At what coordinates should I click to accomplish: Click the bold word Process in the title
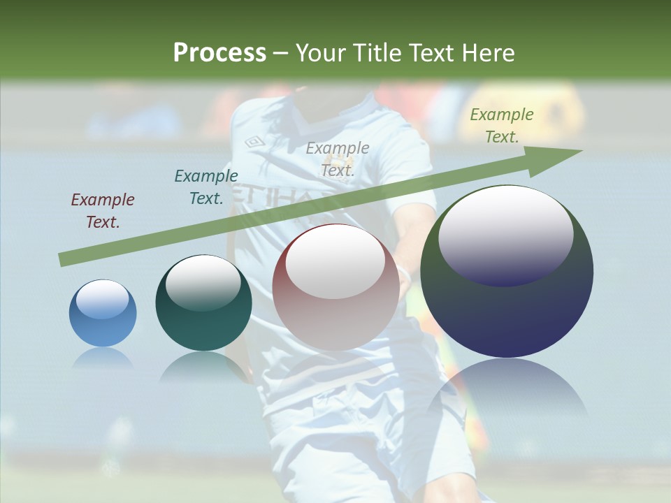(x=219, y=52)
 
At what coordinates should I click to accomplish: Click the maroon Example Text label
(x=103, y=211)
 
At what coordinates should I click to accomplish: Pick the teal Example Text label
(x=205, y=187)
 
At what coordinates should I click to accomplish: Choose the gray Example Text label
(x=338, y=159)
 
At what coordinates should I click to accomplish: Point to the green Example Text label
(x=501, y=126)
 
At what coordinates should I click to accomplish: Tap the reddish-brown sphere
(x=336, y=288)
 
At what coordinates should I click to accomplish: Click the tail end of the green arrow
(x=62, y=260)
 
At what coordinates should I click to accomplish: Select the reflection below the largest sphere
(x=507, y=391)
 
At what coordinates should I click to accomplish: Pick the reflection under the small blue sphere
(x=103, y=358)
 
